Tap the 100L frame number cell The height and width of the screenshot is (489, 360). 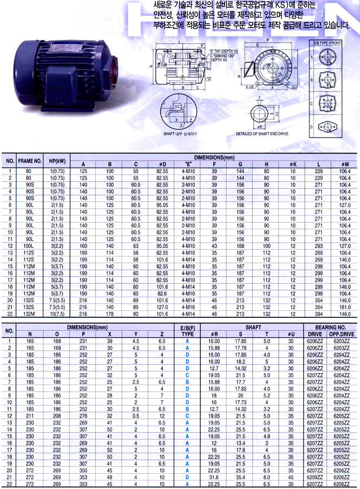point(30,246)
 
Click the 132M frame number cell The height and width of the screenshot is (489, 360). point(30,314)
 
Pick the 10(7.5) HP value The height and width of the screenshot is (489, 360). point(57,314)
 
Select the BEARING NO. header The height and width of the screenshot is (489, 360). point(330,328)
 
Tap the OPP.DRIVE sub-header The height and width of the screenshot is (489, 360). point(341,335)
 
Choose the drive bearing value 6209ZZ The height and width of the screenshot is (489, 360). point(316,477)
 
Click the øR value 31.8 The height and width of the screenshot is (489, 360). point(214,477)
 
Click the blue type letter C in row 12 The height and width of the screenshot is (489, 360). point(187,416)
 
